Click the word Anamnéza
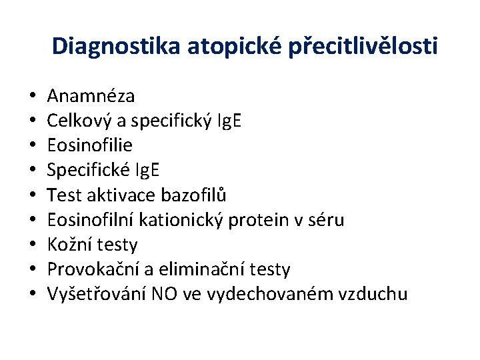point(91,96)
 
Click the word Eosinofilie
point(90,145)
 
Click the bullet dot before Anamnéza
point(32,97)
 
